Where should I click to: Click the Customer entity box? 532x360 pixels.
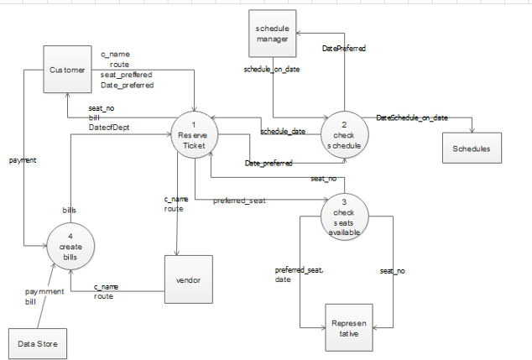(x=67, y=70)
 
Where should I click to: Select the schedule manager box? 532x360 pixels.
(x=273, y=34)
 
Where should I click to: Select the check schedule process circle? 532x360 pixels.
(x=344, y=135)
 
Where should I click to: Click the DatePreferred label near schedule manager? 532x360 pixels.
(x=344, y=49)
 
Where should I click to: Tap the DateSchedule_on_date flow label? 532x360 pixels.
(x=412, y=117)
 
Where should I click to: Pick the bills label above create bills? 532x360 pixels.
(x=70, y=210)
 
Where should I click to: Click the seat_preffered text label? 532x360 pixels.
(x=127, y=75)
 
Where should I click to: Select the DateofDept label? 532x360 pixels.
(x=109, y=128)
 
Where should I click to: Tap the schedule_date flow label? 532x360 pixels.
(x=282, y=132)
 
